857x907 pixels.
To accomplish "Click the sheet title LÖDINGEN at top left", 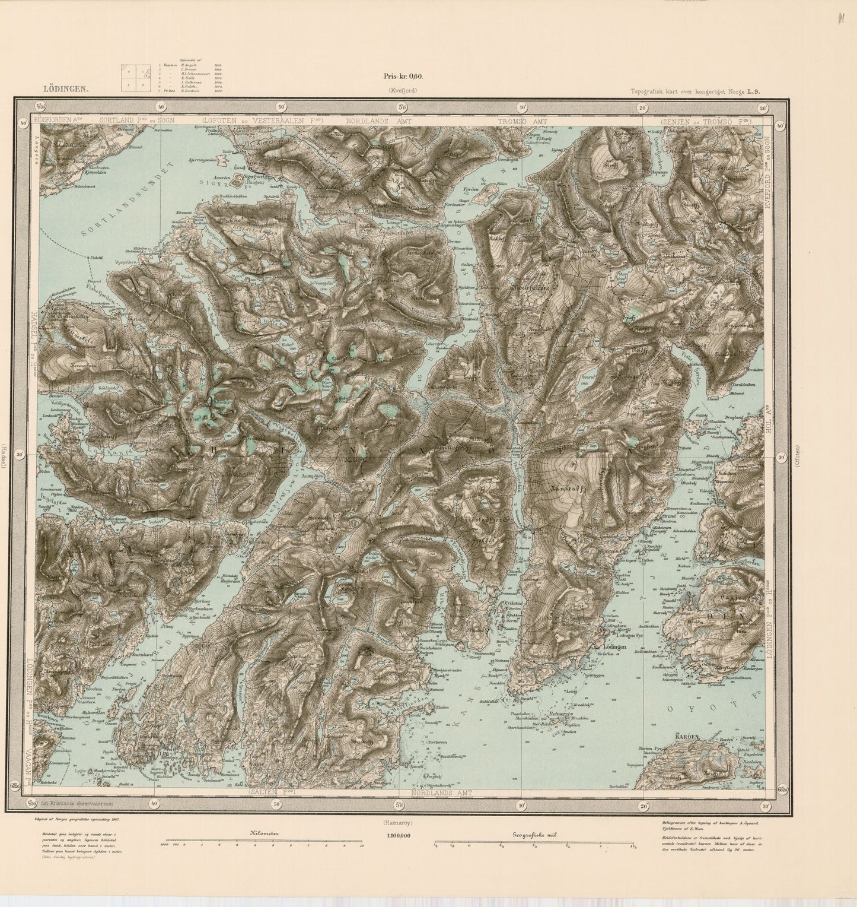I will pyautogui.click(x=66, y=90).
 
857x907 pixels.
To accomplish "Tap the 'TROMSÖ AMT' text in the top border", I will pyautogui.click(x=521, y=120).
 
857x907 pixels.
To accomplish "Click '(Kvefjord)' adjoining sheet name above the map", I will pyautogui.click(x=403, y=90).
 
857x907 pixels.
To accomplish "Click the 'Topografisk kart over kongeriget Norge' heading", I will pyautogui.click(x=687, y=91).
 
